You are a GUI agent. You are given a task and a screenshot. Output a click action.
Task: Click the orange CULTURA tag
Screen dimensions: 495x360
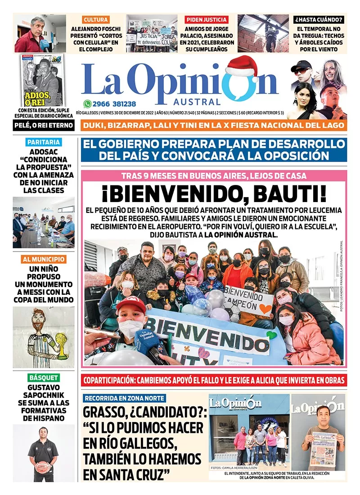[96, 19]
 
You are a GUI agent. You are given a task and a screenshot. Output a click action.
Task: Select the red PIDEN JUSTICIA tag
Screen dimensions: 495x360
[207, 19]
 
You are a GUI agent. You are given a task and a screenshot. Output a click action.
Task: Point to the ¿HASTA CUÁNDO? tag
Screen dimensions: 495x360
[319, 19]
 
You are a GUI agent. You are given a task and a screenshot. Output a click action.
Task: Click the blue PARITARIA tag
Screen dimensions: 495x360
[43, 142]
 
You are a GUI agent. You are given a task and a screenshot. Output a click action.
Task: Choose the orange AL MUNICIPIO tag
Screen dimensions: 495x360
[44, 259]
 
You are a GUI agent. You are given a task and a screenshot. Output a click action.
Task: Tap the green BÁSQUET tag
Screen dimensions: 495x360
[43, 378]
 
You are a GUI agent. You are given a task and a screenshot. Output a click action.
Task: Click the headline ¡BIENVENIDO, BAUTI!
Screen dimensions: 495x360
[214, 195]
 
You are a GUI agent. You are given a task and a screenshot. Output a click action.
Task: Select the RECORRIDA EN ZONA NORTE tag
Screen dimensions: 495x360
[125, 398]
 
